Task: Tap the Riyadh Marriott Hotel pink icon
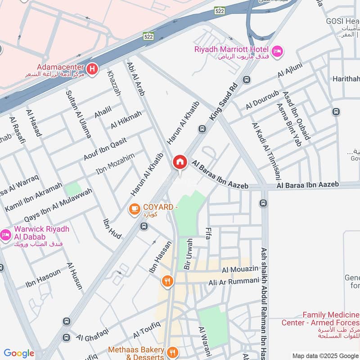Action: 277,50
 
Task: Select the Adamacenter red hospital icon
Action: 93,69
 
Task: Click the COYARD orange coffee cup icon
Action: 134,209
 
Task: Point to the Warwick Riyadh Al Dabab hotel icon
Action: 5,234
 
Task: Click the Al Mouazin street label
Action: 240,270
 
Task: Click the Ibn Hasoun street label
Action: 43,278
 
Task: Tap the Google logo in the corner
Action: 19,353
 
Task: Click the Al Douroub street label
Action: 262,100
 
